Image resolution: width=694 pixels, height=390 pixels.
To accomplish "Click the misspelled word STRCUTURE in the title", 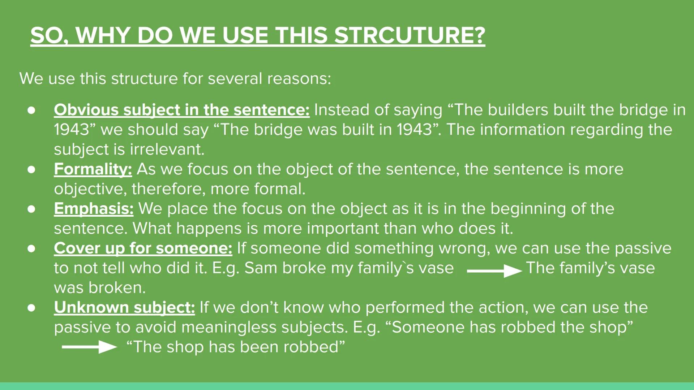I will coord(409,35).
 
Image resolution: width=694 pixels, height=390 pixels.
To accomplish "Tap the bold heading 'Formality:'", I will coord(93,169).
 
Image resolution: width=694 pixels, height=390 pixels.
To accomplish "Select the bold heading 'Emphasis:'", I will coord(94,209).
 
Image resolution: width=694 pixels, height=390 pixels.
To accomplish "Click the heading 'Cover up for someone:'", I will coord(143,248).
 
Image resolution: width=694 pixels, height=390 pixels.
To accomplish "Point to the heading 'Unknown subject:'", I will coord(124,307).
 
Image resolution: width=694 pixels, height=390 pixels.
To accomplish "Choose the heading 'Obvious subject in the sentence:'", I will coord(181,110).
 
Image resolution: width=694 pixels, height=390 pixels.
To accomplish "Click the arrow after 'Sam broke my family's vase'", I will coord(494,270).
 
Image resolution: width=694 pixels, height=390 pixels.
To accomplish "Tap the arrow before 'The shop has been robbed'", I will coord(89,347).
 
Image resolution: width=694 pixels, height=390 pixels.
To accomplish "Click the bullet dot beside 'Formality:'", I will coord(31,169).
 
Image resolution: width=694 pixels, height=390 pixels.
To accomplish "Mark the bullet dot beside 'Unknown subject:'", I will coord(31,308).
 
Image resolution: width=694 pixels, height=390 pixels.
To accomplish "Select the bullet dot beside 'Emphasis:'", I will coord(31,209).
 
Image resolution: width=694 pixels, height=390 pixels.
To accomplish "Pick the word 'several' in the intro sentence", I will coord(235,78).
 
